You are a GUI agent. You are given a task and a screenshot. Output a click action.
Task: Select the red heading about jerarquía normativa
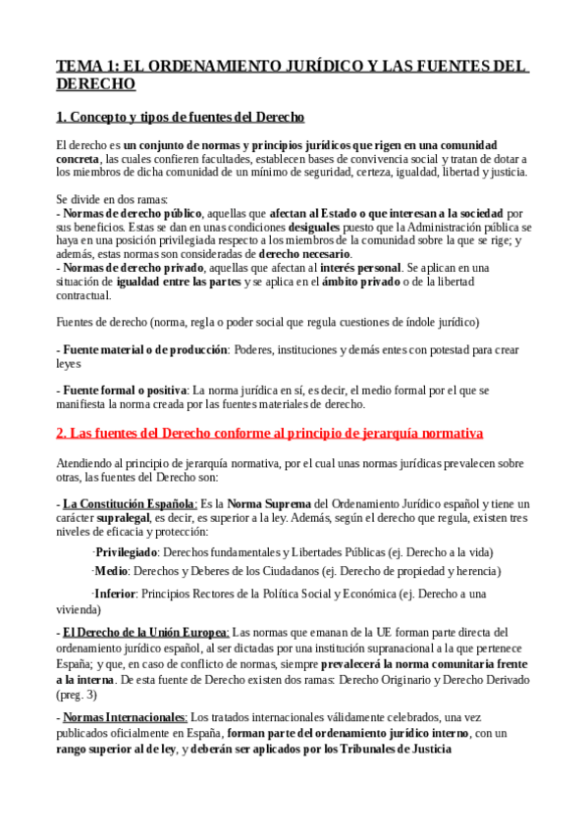(x=270, y=432)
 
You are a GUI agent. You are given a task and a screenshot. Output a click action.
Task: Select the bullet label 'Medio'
(x=112, y=571)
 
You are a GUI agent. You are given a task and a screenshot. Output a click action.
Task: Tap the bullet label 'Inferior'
(x=115, y=593)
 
